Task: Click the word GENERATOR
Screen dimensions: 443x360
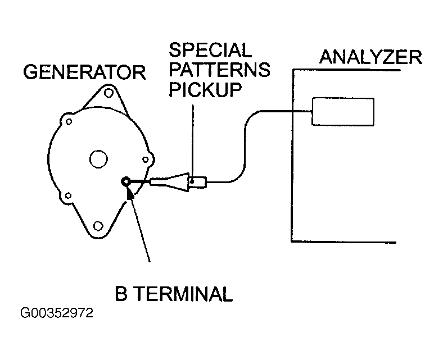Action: (x=84, y=72)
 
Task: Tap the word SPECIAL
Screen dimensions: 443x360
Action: (x=210, y=50)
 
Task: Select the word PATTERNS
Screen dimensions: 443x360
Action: (x=219, y=70)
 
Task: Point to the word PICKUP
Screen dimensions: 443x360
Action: (x=205, y=89)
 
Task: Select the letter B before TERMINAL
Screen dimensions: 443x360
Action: (x=121, y=294)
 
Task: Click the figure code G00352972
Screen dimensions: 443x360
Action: (x=57, y=313)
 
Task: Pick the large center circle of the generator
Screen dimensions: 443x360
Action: (x=98, y=159)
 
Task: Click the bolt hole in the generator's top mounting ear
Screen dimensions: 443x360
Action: (x=109, y=93)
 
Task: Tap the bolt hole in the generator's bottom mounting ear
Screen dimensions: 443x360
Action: (x=98, y=226)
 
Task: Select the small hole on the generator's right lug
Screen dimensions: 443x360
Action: (x=146, y=160)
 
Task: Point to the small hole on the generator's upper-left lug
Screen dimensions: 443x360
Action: (x=69, y=122)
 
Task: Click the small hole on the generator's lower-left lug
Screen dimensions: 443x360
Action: (x=68, y=195)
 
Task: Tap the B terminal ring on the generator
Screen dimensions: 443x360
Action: (x=125, y=181)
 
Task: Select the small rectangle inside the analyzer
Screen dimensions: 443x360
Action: (x=343, y=112)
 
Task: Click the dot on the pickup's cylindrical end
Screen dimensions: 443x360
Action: (x=192, y=181)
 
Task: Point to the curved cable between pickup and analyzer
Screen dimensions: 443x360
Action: (x=245, y=147)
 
